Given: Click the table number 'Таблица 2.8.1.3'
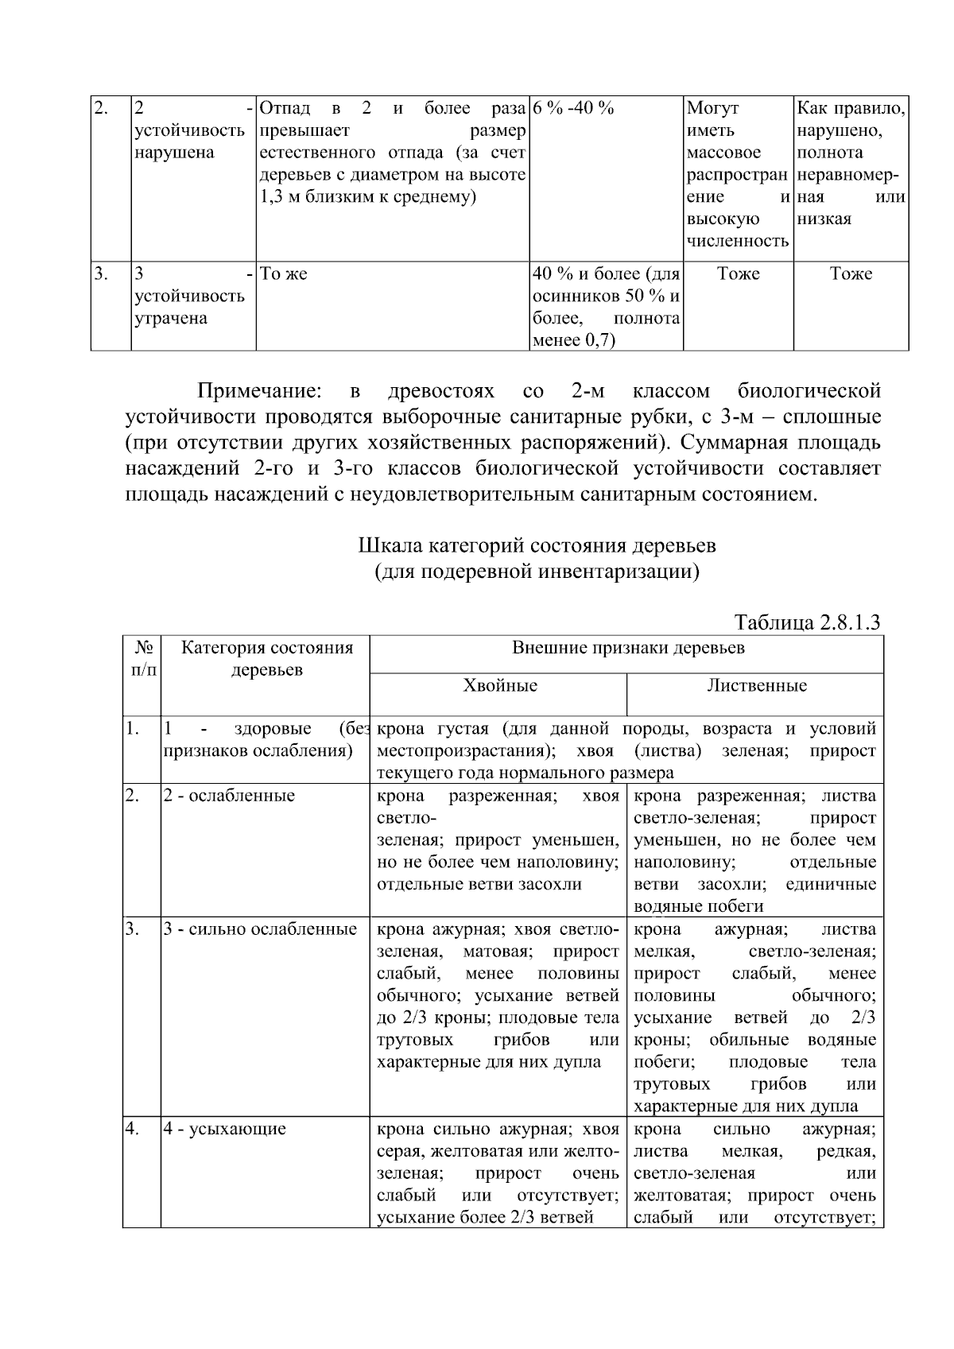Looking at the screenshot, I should (807, 622).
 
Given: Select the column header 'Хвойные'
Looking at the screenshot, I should (500, 685).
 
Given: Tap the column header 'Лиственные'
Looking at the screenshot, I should (756, 685).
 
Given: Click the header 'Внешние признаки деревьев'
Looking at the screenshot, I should (627, 647).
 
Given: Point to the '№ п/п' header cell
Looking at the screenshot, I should (142, 659).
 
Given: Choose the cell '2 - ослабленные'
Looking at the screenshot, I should (229, 796).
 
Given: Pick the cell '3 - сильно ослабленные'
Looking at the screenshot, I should (260, 929).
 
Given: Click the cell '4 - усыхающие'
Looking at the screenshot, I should (225, 1129).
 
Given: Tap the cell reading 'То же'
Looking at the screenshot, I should (284, 274).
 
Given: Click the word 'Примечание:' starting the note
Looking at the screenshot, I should (259, 391).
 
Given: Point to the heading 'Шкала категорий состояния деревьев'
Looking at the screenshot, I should (537, 546).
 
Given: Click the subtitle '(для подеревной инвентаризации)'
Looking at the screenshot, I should (537, 572).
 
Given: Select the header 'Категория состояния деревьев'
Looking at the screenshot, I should (266, 658).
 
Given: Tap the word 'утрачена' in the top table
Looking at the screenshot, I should (170, 319).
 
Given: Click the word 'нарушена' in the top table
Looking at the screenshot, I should (174, 153).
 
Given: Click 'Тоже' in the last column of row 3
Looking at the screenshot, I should (851, 274).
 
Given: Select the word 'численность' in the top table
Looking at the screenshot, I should (738, 242).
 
